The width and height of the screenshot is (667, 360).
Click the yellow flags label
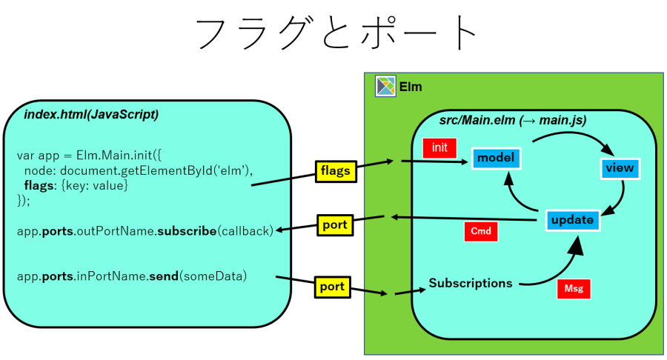pyautogui.click(x=336, y=171)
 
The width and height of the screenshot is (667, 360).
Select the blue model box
pyautogui.click(x=496, y=158)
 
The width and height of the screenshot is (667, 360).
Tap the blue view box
pyautogui.click(x=620, y=168)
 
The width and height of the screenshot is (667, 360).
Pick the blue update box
pyautogui.click(x=572, y=220)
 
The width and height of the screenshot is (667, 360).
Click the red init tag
pyautogui.click(x=439, y=147)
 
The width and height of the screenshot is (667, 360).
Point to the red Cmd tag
pyautogui.click(x=480, y=231)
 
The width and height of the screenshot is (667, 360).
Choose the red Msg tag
pyautogui.click(x=573, y=289)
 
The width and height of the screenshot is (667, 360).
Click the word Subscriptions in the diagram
pyautogui.click(x=470, y=283)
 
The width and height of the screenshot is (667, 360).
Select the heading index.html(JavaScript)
pyautogui.click(x=91, y=115)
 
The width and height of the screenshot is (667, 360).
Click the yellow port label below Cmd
pyautogui.click(x=335, y=224)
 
